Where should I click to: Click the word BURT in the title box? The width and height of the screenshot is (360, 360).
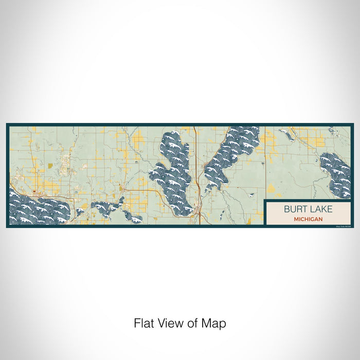coord(295,209)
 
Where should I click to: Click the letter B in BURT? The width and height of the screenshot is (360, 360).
coord(286,209)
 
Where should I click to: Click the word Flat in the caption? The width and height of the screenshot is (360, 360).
coord(143,323)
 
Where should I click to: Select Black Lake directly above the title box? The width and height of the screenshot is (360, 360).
coord(335,167)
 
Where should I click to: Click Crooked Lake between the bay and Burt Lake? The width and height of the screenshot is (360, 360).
coord(103,208)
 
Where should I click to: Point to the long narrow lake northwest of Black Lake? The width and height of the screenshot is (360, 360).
coord(285,134)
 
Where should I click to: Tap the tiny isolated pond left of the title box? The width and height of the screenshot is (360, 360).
coord(253,195)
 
